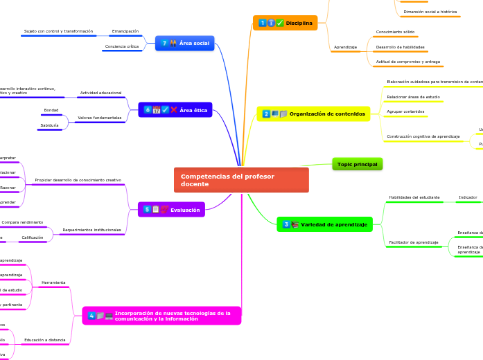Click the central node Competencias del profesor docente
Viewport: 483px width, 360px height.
click(x=240, y=180)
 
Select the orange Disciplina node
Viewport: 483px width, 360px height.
click(x=285, y=23)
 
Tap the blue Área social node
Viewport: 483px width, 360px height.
click(x=184, y=43)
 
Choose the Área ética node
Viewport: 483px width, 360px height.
click(x=175, y=109)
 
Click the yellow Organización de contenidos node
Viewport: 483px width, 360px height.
click(x=313, y=114)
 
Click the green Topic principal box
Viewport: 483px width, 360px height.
click(x=358, y=164)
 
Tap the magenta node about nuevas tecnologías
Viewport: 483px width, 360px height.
click(x=161, y=316)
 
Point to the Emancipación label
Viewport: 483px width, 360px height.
click(x=125, y=31)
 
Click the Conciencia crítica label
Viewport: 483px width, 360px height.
click(x=122, y=47)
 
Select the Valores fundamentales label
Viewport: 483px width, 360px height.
click(x=100, y=118)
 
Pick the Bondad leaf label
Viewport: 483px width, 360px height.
click(x=51, y=110)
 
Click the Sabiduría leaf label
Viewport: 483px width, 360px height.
click(x=49, y=125)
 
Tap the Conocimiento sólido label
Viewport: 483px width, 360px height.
click(x=395, y=32)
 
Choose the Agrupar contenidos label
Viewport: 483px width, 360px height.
click(x=405, y=111)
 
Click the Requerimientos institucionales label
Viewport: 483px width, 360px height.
click(x=91, y=230)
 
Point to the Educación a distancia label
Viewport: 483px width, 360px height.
click(x=45, y=340)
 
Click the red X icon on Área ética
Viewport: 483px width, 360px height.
click(x=174, y=109)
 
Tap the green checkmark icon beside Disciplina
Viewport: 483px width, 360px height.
click(x=280, y=23)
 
